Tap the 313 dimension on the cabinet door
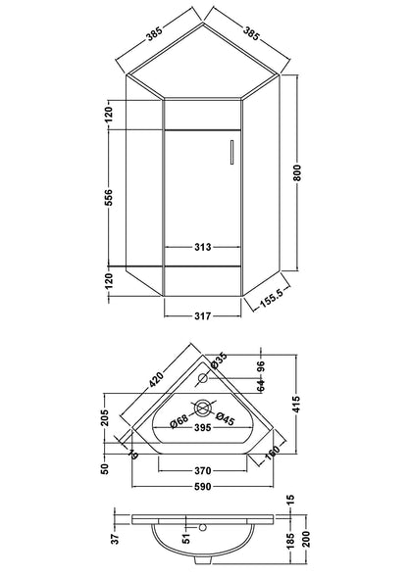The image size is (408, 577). pos(203,247)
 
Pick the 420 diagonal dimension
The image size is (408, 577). pos(157,378)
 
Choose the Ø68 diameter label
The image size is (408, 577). pos(177,421)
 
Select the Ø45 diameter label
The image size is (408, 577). pos(225,421)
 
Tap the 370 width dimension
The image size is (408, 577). pos(203,469)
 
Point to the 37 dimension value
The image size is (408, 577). pos(116,538)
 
